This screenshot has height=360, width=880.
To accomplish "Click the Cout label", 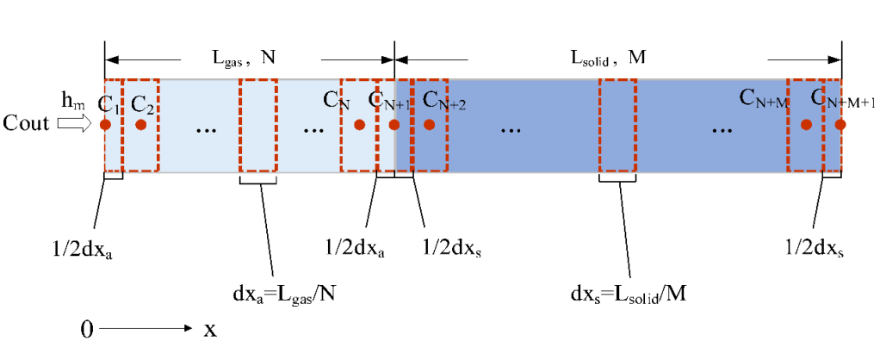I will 27,125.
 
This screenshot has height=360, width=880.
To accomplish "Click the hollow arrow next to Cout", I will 72,125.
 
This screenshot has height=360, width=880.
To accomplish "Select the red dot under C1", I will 105,125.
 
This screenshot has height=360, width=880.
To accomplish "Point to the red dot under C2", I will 141,125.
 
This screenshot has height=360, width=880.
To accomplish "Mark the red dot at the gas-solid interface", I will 394,125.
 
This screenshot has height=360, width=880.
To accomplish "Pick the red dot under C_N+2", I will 429,125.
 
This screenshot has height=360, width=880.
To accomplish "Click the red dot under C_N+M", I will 806,125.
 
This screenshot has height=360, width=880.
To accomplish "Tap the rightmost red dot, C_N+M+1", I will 840,125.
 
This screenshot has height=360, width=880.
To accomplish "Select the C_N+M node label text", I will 764,98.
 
